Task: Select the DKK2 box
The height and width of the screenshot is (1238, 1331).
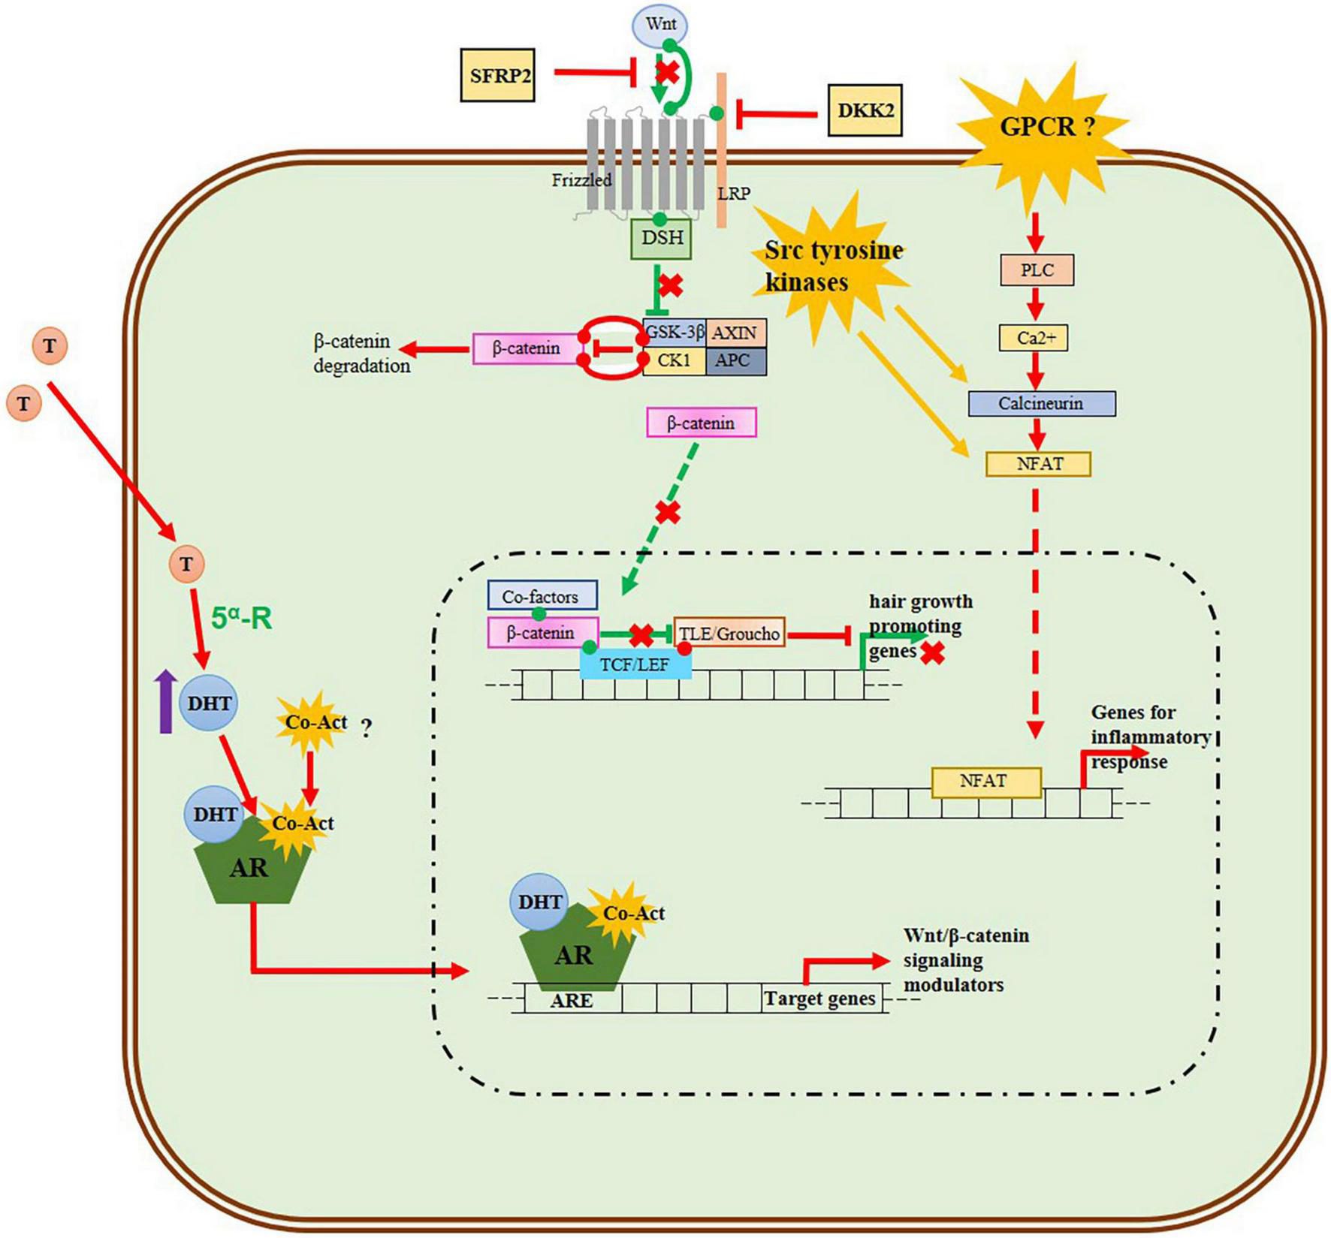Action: click(x=865, y=110)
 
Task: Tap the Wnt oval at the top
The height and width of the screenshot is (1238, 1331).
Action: click(x=660, y=25)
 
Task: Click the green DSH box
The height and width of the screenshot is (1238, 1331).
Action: click(x=661, y=239)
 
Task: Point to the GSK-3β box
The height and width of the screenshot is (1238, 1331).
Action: click(x=674, y=332)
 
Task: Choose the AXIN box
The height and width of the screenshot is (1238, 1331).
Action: click(x=735, y=332)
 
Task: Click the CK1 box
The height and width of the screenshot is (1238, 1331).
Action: click(x=674, y=361)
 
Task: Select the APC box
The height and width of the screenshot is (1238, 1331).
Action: click(x=735, y=361)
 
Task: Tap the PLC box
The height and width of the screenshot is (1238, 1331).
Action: click(x=1037, y=270)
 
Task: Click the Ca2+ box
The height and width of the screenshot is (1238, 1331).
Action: click(x=1037, y=338)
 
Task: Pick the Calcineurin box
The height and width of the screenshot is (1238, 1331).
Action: click(x=1041, y=404)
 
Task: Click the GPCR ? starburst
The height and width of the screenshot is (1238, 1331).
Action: click(x=1047, y=126)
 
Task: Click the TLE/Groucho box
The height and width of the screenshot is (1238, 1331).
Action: click(x=729, y=633)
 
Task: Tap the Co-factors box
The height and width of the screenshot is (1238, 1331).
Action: click(x=542, y=596)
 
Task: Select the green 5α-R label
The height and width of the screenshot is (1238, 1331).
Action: click(x=241, y=619)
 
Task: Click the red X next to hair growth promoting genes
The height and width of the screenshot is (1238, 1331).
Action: click(x=933, y=653)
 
